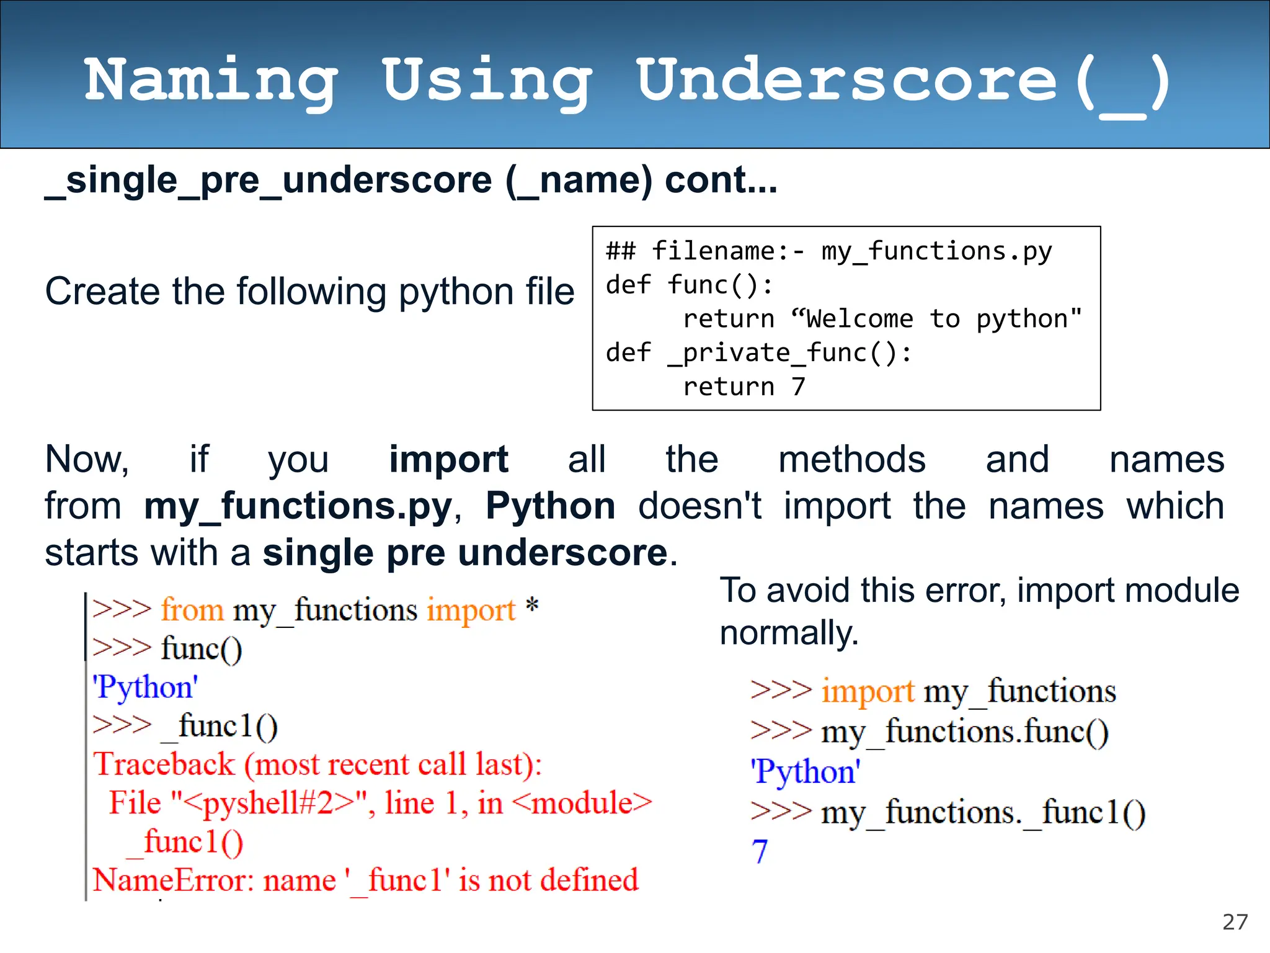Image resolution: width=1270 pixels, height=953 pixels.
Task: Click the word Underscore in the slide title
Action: pos(846,81)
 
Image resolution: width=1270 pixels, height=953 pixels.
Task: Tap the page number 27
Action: pos(1235,922)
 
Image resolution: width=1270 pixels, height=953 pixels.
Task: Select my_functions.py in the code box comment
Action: pos(936,252)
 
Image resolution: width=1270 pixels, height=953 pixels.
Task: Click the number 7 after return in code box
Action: pos(798,387)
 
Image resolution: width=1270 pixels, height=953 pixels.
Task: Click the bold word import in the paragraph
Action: pos(448,460)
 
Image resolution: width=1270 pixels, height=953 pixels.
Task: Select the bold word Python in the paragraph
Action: pos(550,506)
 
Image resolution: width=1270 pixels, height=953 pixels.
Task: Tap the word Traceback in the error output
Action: pos(164,764)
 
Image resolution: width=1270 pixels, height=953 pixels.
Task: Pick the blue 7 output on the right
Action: pos(760,851)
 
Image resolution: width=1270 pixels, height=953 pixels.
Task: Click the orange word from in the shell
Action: pos(192,610)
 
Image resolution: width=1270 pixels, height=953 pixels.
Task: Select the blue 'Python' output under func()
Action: pos(145,687)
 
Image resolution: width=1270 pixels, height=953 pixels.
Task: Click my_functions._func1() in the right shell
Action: pos(983,812)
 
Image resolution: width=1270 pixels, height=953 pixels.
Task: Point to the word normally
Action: pos(789,633)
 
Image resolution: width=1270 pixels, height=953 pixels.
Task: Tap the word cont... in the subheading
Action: pos(721,181)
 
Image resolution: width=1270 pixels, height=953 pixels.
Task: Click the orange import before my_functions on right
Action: pos(868,691)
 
